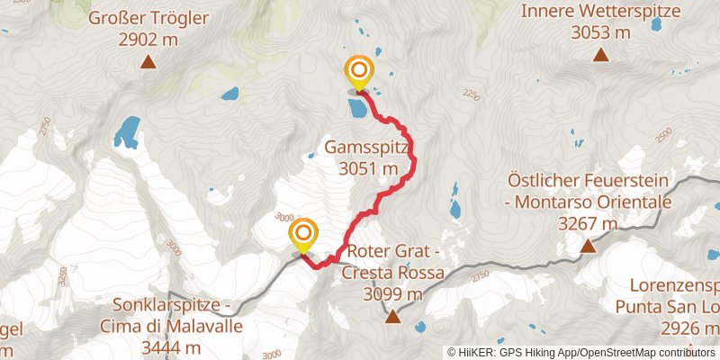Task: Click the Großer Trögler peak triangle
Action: click(x=148, y=62)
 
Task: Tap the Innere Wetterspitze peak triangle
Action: click(x=600, y=55)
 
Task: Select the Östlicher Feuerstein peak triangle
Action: click(x=587, y=246)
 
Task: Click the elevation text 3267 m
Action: click(x=588, y=223)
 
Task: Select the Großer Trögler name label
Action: click(x=148, y=18)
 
